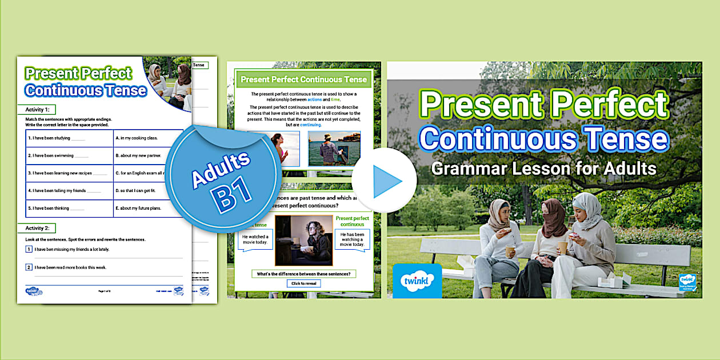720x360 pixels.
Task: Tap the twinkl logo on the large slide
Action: (x=417, y=281)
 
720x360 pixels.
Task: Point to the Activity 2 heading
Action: (x=37, y=228)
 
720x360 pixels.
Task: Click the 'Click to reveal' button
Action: (x=304, y=283)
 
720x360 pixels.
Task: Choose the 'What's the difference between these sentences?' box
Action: (x=304, y=274)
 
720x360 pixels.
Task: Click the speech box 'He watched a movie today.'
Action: (x=255, y=241)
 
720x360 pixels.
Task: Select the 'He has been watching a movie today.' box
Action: (x=353, y=240)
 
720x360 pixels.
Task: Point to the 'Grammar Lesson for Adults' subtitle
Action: (x=543, y=169)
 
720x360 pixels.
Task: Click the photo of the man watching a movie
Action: (x=303, y=241)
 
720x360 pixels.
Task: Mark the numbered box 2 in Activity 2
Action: (x=29, y=267)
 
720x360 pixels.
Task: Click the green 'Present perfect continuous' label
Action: (x=352, y=221)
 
